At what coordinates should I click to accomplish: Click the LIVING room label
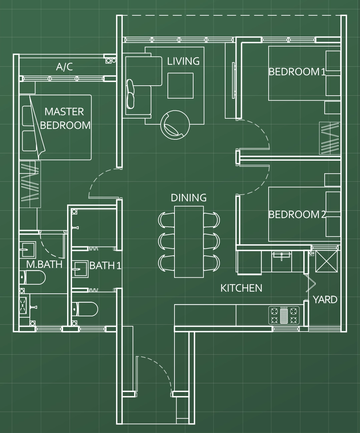183,61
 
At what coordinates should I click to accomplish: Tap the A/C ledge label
64,67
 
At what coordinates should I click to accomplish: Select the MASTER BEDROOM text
65,118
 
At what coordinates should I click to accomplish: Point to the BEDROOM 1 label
297,72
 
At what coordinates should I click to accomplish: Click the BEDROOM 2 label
297,215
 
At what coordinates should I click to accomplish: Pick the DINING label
189,198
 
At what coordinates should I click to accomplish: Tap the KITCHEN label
241,288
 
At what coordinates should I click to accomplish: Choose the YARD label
325,300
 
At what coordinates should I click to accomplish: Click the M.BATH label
44,264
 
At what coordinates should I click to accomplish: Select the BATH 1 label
105,266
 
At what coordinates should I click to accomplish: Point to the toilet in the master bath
33,277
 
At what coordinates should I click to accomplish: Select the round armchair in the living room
175,125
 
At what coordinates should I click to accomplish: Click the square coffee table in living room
181,86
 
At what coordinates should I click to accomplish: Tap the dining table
189,242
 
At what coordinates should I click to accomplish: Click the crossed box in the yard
326,261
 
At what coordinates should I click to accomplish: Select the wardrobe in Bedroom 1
330,138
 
